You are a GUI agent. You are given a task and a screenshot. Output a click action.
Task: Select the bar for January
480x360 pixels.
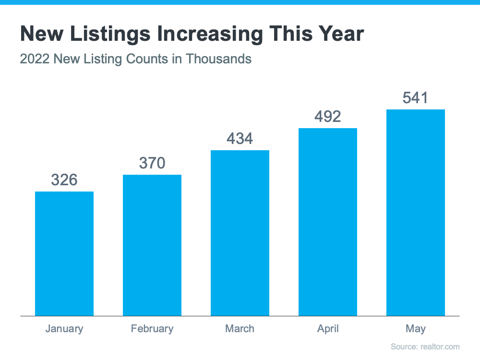click(x=64, y=253)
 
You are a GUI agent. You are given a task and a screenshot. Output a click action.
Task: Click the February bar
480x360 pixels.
click(x=152, y=245)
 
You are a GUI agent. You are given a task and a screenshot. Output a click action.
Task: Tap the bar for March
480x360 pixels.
click(x=240, y=233)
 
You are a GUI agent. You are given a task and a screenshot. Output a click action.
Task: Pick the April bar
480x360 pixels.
click(x=328, y=222)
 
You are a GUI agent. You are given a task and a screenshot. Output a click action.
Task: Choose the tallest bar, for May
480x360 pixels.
click(x=416, y=213)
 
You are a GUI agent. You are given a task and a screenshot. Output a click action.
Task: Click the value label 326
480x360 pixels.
click(x=64, y=180)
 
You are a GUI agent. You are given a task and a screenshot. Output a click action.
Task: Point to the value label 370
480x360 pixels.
click(x=152, y=163)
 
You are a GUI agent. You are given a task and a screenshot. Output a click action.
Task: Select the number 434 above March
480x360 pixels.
click(x=240, y=139)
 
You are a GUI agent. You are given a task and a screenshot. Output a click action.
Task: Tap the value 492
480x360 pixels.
click(x=328, y=117)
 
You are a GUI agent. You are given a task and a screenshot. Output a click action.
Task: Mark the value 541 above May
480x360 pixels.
click(x=416, y=98)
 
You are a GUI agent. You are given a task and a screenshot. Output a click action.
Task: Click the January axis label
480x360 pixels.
click(x=64, y=329)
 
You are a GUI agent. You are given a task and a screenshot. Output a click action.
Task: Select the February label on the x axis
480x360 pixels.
click(x=152, y=329)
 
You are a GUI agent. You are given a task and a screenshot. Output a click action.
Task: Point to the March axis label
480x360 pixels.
click(x=240, y=329)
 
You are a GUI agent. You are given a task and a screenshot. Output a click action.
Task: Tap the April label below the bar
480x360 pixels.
click(x=328, y=329)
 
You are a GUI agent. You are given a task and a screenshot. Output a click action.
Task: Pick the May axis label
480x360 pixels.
click(x=416, y=329)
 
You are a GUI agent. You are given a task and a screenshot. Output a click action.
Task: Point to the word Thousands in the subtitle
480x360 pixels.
click(x=219, y=59)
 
